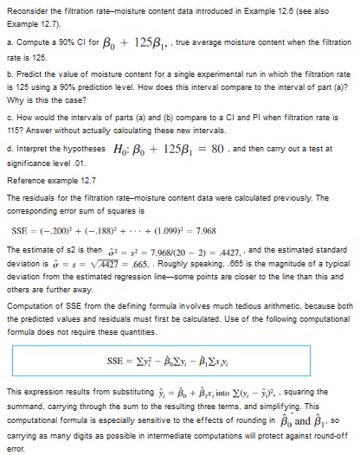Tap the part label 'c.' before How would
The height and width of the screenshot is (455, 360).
[x=8, y=115]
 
